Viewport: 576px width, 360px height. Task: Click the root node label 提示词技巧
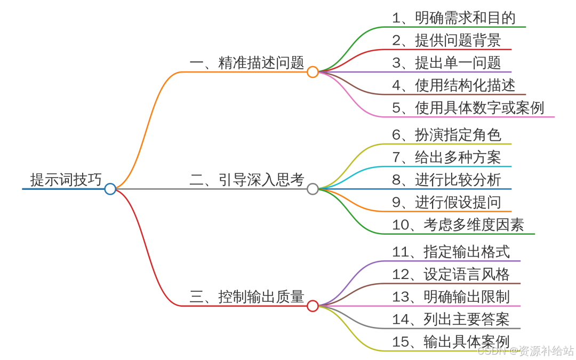coord(66,180)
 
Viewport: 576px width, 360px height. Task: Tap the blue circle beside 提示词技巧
coord(110,189)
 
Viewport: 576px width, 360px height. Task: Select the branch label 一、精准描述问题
coord(246,63)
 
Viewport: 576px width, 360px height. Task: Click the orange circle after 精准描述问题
coord(313,72)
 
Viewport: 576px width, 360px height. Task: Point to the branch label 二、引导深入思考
coord(246,180)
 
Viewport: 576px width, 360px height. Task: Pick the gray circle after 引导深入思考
coord(313,189)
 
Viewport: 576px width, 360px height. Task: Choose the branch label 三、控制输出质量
coord(246,297)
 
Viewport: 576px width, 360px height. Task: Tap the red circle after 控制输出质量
coord(313,306)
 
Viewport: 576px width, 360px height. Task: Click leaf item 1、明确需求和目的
coord(454,18)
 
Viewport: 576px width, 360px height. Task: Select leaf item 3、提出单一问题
coord(446,63)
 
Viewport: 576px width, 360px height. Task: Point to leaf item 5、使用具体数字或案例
coord(468,108)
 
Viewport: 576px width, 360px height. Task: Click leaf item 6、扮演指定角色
coord(446,135)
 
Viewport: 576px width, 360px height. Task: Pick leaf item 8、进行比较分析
coord(446,180)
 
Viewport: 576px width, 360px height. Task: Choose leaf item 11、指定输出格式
coord(451,252)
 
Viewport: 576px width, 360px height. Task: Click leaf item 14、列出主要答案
coord(451,319)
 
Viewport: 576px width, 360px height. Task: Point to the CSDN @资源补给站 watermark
coord(525,351)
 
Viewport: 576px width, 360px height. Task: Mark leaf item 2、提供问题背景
coord(446,41)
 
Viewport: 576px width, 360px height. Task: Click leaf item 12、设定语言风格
coord(451,274)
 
